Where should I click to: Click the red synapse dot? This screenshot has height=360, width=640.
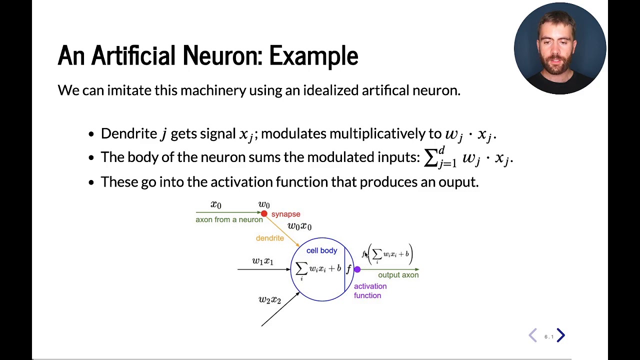tap(264, 213)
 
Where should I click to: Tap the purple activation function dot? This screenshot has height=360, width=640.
tap(357, 269)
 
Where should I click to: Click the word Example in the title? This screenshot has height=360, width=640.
tap(313, 55)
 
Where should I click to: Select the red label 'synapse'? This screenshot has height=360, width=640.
tap(285, 214)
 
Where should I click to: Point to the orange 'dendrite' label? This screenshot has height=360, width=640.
tap(269, 238)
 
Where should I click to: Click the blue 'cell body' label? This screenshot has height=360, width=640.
tap(321, 250)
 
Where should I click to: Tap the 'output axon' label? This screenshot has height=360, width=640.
tap(398, 275)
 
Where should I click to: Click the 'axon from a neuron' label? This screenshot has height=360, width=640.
tap(229, 219)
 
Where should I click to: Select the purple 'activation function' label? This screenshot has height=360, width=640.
tap(370, 290)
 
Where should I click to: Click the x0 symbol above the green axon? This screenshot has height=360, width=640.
tap(215, 204)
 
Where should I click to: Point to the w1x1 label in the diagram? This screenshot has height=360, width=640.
tap(262, 261)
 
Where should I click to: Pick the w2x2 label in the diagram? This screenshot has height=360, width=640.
tap(269, 299)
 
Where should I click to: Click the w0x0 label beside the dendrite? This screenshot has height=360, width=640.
tap(299, 226)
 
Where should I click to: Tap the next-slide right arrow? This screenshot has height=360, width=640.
tap(560, 335)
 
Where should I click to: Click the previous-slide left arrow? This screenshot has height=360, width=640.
tap(533, 335)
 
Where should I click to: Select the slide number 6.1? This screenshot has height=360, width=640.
tap(548, 337)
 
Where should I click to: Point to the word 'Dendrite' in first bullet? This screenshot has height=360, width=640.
tap(129, 133)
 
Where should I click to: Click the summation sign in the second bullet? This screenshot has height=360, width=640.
tap(430, 157)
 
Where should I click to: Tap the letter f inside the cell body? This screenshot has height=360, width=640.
tap(348, 269)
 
